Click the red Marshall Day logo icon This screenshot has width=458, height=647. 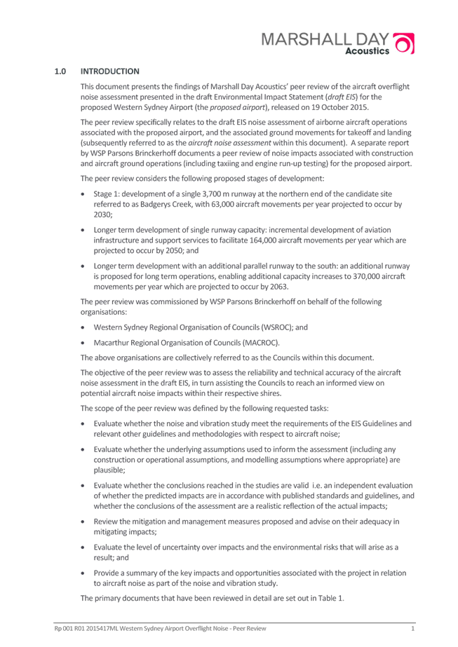click(404, 43)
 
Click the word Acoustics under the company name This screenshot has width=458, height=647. click(367, 51)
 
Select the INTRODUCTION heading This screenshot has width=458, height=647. click(110, 71)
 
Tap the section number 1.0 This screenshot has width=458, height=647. click(60, 71)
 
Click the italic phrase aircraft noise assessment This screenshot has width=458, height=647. click(229, 143)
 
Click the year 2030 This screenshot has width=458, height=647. click(102, 214)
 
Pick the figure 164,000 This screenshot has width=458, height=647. click(262, 240)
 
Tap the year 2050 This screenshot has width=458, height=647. click(177, 250)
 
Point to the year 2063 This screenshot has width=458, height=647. click(280, 287)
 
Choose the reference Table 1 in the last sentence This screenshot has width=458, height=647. click(330, 598)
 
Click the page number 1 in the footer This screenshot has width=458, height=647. click(412, 629)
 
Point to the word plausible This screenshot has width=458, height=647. click(109, 470)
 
